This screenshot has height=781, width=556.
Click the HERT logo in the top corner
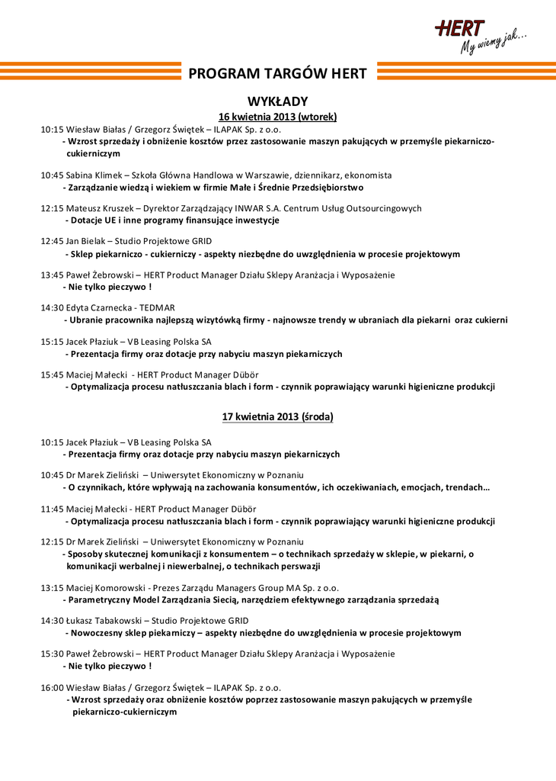coord(460,29)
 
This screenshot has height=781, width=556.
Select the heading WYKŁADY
coord(277,101)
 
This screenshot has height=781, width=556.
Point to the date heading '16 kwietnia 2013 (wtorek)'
coord(277,117)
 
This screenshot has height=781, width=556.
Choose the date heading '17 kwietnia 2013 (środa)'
coord(277,417)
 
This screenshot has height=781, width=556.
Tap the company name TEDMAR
coord(155,308)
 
